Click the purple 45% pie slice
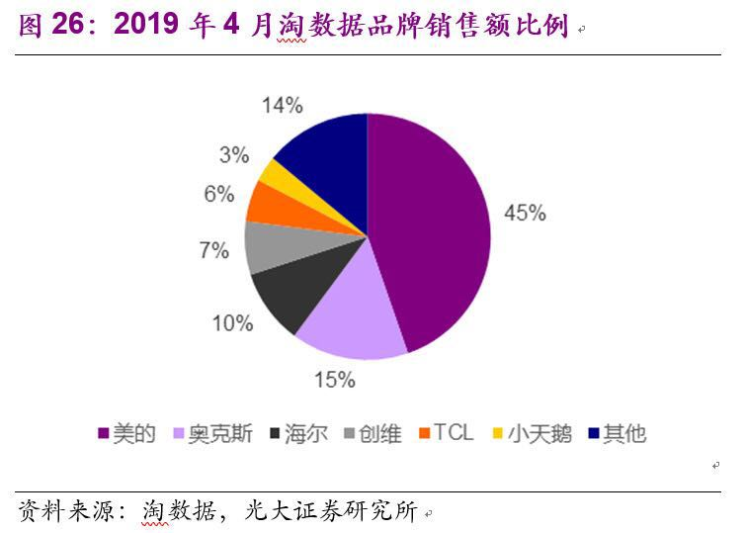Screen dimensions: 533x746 click(x=430, y=227)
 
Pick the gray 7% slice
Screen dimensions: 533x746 click(x=267, y=246)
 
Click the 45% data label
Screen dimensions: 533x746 click(x=525, y=213)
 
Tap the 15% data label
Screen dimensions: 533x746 click(x=335, y=379)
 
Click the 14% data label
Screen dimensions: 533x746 click(x=282, y=104)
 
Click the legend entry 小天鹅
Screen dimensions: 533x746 click(x=539, y=433)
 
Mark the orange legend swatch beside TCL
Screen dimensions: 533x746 click(x=424, y=433)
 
